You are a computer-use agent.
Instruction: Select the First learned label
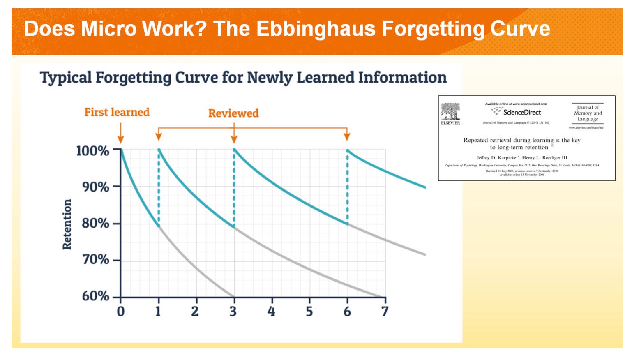[117, 112]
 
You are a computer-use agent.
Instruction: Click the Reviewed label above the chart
[233, 113]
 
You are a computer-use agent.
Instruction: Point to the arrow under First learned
[120, 134]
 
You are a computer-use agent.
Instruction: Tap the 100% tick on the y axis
[93, 150]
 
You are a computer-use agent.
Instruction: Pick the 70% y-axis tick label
[95, 260]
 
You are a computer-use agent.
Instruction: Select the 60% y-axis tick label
[95, 296]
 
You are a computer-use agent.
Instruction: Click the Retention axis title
[67, 224]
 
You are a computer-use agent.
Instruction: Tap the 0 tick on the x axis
[120, 311]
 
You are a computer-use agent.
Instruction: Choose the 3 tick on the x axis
[233, 311]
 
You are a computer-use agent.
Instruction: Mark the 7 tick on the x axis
[385, 311]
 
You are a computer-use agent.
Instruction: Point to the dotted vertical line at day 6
[347, 187]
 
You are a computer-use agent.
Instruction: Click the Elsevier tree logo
[450, 111]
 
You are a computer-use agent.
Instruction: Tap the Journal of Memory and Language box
[588, 113]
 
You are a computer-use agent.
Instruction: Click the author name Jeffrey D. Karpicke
[496, 158]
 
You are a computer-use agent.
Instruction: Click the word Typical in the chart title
[65, 77]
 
